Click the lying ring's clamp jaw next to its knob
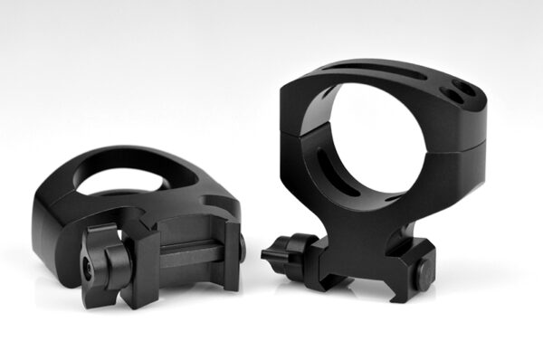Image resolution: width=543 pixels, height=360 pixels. [x=136, y=258]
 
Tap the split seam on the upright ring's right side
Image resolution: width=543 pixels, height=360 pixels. [x=480, y=145]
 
